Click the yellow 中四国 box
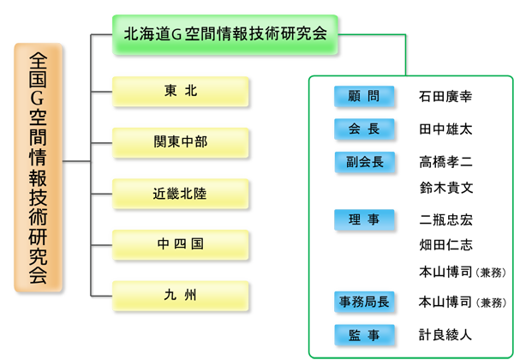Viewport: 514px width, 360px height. [180, 243]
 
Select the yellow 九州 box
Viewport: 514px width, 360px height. [180, 295]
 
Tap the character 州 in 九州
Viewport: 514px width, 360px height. [190, 295]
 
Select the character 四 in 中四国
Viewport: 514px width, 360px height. [180, 243]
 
